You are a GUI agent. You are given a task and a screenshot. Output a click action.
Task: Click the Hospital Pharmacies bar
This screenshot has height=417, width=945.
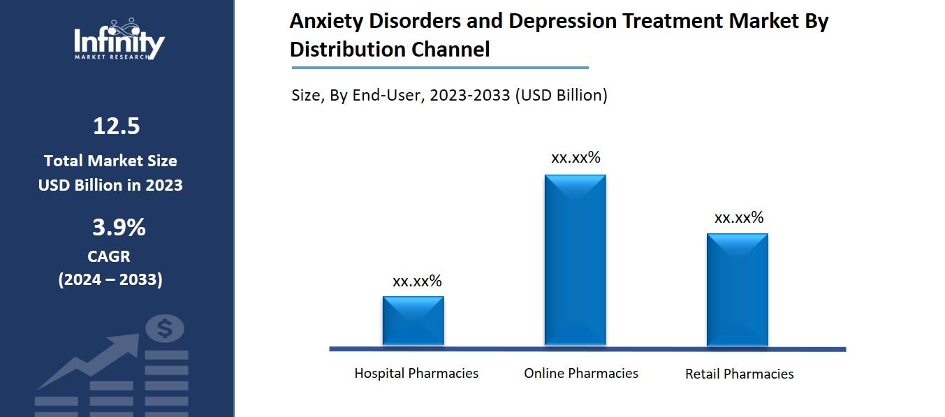point(413,321)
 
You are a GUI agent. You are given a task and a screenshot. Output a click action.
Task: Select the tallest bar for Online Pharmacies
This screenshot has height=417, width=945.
point(575,260)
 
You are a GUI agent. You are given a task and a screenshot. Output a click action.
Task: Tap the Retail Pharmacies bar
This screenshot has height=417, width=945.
point(737,289)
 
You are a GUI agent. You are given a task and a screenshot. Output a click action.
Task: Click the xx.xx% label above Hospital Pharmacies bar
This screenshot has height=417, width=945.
point(417,281)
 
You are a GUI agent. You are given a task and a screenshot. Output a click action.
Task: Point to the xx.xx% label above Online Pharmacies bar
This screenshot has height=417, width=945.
point(576,158)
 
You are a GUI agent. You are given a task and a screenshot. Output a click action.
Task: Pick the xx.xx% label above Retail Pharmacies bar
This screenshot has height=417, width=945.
point(738,218)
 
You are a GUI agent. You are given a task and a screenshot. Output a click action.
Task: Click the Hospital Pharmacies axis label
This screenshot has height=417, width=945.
point(416,373)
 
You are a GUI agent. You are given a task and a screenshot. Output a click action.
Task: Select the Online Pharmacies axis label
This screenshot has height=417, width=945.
point(581,373)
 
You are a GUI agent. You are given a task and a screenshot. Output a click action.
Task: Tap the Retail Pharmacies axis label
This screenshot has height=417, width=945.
point(739,374)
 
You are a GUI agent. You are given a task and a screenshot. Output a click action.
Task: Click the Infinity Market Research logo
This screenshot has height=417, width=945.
point(119,40)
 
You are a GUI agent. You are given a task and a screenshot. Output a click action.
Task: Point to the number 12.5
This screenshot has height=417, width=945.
point(117,126)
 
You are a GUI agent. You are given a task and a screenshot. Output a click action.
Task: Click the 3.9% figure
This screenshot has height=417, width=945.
point(119,228)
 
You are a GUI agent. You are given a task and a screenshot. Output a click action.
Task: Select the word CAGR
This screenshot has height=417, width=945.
point(109,256)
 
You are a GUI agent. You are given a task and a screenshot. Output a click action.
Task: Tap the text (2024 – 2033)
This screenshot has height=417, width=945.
point(110,279)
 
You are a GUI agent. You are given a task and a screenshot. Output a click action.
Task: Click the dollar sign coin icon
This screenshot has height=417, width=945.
point(165,328)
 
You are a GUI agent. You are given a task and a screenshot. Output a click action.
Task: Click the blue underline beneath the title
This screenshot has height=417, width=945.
point(440,68)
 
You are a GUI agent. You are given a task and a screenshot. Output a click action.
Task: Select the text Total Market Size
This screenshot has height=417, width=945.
point(110,161)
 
